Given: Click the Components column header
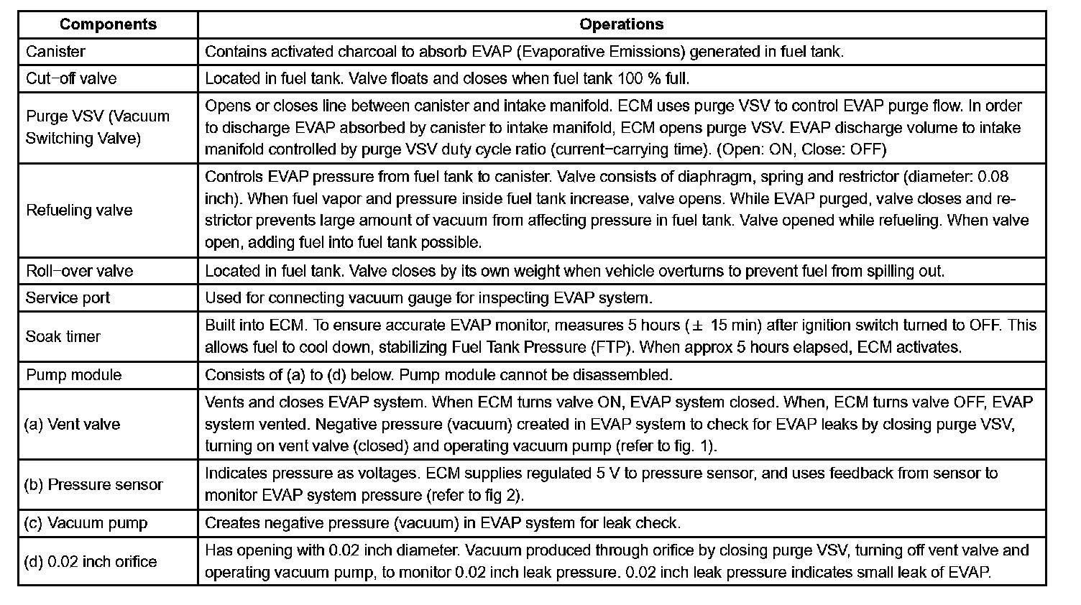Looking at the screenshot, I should (x=108, y=24).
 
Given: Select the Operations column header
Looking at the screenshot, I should (x=621, y=24).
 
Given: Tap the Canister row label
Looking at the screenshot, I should (x=55, y=52).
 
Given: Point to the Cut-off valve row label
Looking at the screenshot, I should (x=71, y=78).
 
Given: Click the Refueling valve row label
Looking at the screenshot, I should (x=79, y=211).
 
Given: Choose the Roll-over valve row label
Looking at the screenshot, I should (x=79, y=271).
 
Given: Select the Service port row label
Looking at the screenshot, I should (x=68, y=297).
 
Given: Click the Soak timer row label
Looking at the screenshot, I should (x=63, y=336).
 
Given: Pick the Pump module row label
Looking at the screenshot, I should (x=73, y=375).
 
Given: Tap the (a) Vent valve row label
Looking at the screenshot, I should (x=72, y=424).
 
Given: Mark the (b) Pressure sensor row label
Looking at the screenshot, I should (x=93, y=485).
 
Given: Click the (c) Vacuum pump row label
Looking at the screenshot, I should (x=86, y=523).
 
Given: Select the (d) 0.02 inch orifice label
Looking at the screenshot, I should (x=91, y=562).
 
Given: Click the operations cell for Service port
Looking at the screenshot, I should (x=428, y=297).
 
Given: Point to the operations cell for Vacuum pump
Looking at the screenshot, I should (x=442, y=523).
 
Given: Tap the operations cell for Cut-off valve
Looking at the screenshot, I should (x=447, y=78).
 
